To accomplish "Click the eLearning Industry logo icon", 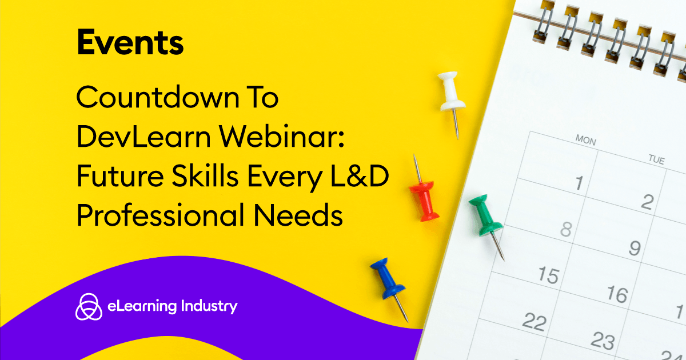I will click(x=89, y=307).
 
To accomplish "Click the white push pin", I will click(x=452, y=94).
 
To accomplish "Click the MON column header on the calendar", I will click(x=585, y=139).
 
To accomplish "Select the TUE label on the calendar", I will click(x=656, y=160).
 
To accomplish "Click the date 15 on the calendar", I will click(x=548, y=275).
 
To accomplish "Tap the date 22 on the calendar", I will click(x=534, y=322).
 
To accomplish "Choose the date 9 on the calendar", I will click(x=635, y=248).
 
